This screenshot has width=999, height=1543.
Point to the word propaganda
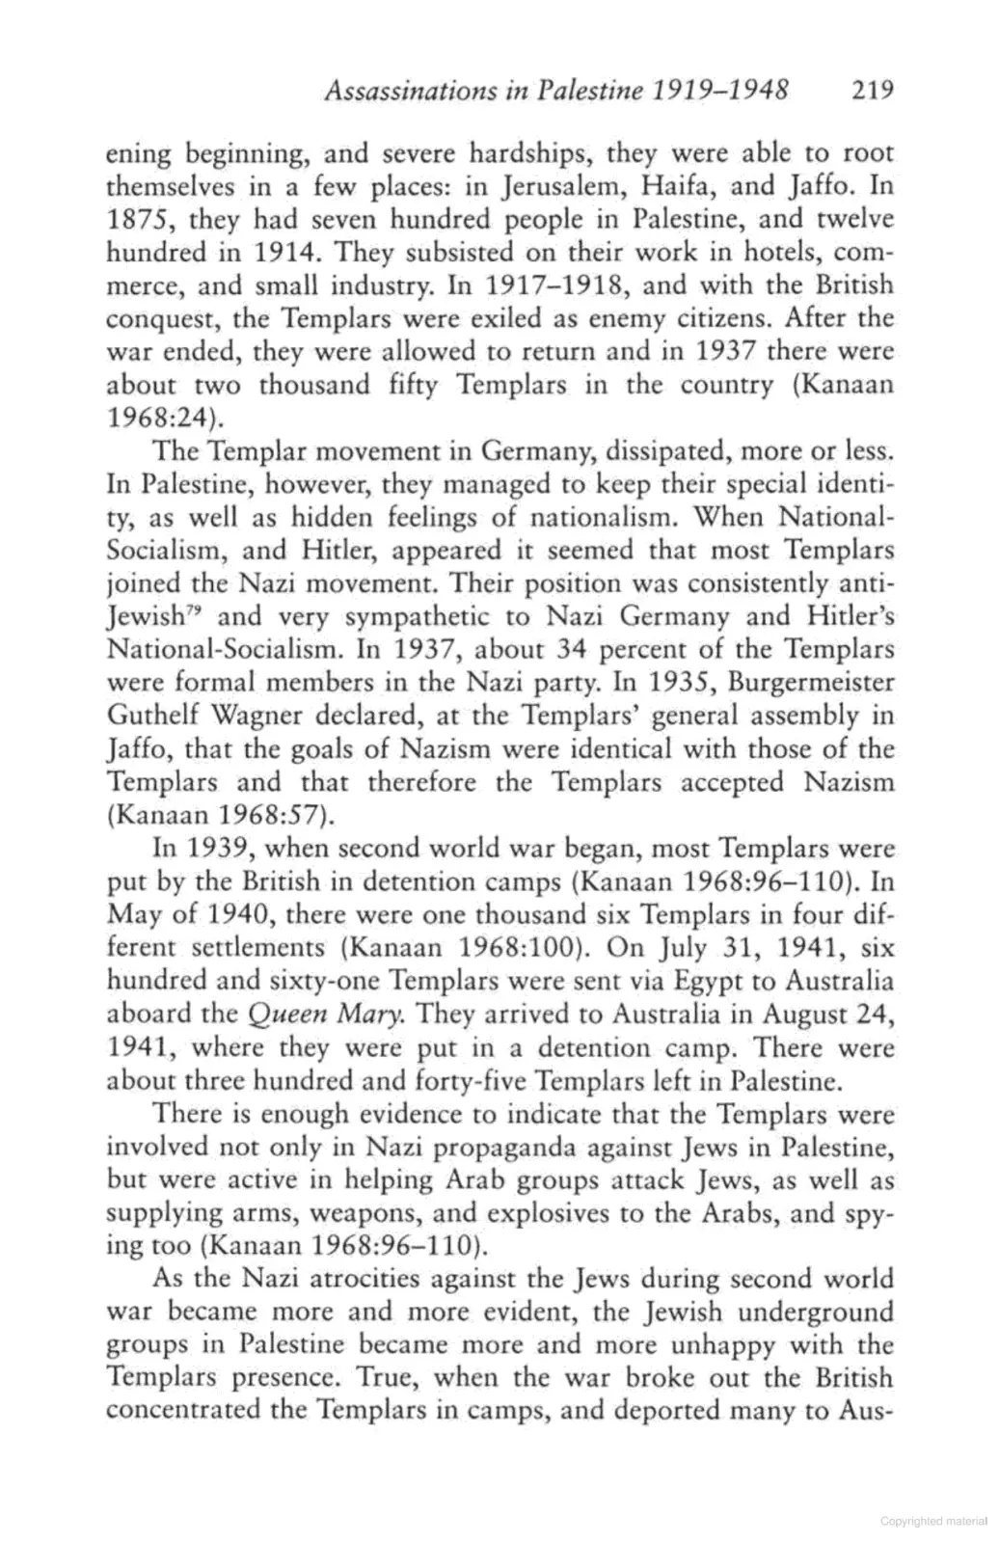pyautogui.click(x=524, y=1148)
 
